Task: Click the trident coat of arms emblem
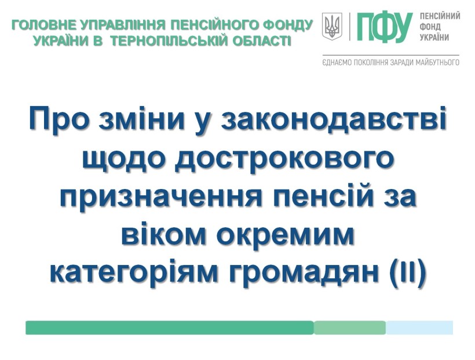pyautogui.click(x=332, y=27)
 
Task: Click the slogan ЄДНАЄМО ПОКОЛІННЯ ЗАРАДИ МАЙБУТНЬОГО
pyautogui.click(x=391, y=63)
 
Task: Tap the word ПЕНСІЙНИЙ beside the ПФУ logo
pyautogui.click(x=440, y=16)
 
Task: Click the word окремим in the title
pyautogui.click(x=285, y=235)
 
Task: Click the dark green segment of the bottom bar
pyautogui.click(x=170, y=328)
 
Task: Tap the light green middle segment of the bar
pyautogui.click(x=350, y=328)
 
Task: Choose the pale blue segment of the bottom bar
pyautogui.click(x=419, y=328)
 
